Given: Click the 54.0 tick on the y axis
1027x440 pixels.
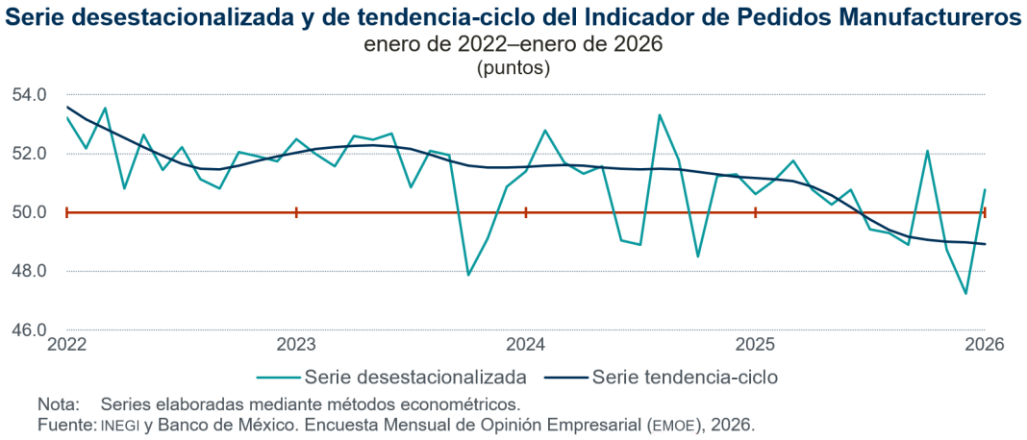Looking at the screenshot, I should [29, 95].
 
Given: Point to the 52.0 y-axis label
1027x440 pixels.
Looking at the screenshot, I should [29, 154].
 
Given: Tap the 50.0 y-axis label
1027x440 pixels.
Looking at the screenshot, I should [29, 212].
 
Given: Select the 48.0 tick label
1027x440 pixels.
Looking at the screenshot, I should [29, 271].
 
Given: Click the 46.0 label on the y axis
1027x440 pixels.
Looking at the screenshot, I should [29, 330].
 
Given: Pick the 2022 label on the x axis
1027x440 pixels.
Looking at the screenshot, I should [66, 344].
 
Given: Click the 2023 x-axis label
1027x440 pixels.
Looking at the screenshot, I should [296, 344].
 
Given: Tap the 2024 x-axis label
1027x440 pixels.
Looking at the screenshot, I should [526, 344].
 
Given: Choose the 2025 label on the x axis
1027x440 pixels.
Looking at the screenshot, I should [756, 344].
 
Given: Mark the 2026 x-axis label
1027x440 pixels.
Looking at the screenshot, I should [986, 344].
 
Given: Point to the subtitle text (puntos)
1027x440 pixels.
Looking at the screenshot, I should [513, 68].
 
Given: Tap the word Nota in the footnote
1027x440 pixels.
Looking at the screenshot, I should [56, 403].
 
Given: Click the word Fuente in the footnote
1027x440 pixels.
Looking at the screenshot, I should [63, 424].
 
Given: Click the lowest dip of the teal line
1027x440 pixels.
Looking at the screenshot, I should [965, 294].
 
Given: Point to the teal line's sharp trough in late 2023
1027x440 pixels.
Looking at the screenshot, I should [468, 276].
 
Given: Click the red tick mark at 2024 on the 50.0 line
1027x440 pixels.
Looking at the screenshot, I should [526, 212].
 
